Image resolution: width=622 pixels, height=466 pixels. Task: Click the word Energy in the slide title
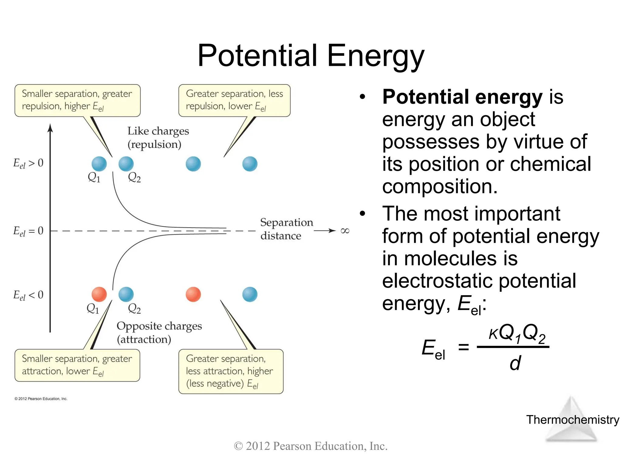coord(375,56)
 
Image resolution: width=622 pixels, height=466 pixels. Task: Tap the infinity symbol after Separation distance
coord(345,231)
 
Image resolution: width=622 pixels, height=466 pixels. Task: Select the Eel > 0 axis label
coord(28,163)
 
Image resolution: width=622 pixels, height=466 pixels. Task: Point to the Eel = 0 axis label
coord(28,231)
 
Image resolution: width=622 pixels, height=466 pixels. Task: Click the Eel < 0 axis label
coord(28,295)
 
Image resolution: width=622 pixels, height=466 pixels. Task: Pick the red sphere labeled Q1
coord(99,294)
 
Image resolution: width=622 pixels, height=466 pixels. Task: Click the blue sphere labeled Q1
coord(99,164)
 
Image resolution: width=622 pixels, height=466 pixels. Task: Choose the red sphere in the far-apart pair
coord(193,294)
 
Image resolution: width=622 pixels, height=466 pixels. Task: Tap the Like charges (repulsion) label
coord(158,137)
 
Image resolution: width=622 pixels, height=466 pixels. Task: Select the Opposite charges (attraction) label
coord(159,333)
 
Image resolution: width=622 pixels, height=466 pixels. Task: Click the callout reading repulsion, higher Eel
coord(77,100)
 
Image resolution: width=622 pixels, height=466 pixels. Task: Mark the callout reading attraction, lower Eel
coord(77,365)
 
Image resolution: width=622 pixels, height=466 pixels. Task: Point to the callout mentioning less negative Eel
coord(231,371)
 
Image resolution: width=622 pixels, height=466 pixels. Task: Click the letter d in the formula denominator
coord(515,363)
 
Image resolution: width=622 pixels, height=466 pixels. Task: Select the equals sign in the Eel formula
coord(463,347)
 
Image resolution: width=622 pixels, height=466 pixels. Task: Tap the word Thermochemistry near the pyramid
coord(572,420)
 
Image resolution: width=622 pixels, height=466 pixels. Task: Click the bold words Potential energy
coord(462,97)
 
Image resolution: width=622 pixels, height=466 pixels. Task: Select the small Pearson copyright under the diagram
coord(41,399)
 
